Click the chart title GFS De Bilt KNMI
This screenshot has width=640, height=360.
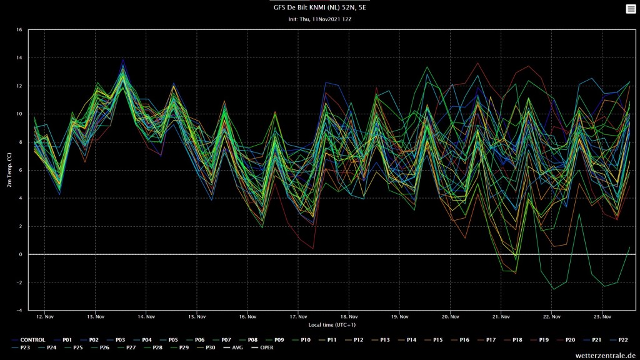[x=319, y=7]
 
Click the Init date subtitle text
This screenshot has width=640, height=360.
[x=319, y=19]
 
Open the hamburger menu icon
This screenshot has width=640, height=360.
[x=631, y=9]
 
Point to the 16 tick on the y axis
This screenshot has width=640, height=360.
[x=19, y=30]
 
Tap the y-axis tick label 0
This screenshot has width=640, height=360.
[x=21, y=254]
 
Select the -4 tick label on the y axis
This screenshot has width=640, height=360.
[x=19, y=311]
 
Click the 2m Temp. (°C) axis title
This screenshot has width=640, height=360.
[x=9, y=170]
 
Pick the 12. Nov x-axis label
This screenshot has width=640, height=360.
[x=44, y=317]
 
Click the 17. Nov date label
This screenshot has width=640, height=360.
[x=298, y=317]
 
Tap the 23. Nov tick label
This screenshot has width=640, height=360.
[x=602, y=317]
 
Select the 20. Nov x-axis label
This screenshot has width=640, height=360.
[x=450, y=317]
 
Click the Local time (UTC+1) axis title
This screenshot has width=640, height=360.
[x=332, y=325]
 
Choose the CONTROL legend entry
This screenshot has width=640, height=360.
[x=28, y=340]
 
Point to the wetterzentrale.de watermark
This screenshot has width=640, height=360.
[x=605, y=356]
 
